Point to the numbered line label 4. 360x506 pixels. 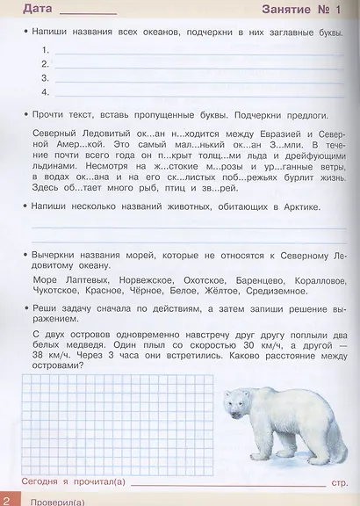pos(44,91)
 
